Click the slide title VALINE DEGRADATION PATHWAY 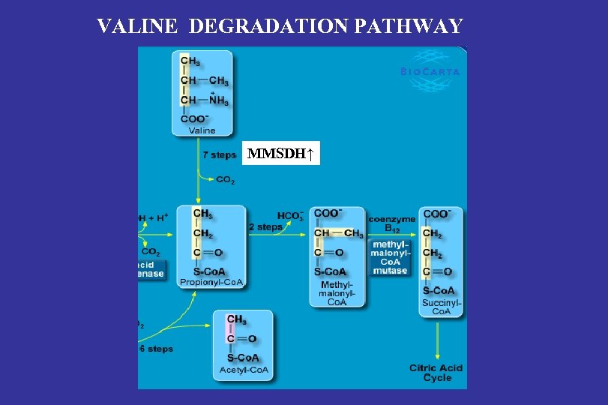coord(280,27)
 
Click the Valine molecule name coord(202,130)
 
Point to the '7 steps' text coord(219,155)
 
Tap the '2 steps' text coord(265,226)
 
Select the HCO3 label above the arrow coord(290,215)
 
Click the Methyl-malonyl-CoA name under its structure coord(337,293)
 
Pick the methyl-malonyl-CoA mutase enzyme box coord(390,257)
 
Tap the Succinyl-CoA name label coord(442,307)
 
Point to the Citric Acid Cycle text coord(436,373)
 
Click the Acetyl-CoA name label coord(243,370)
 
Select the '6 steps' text coord(156,349)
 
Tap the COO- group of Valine coord(195,118)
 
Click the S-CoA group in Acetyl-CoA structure coord(243,358)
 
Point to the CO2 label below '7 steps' coord(226,180)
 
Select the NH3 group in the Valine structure coord(219,100)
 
